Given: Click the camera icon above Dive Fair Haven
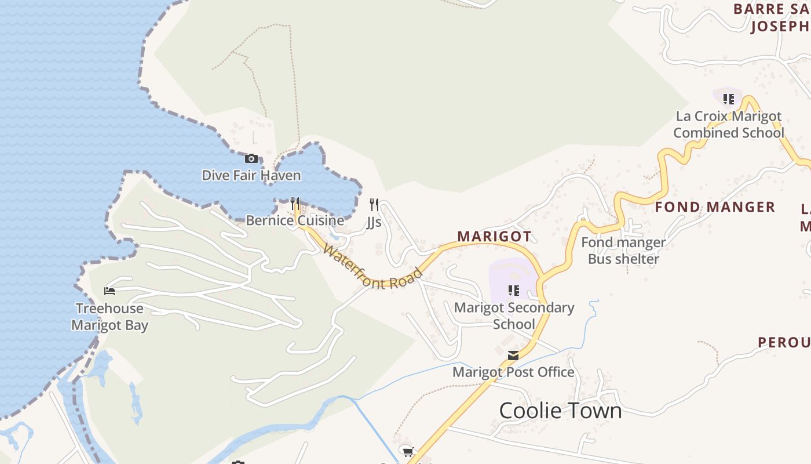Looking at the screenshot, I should pos(251,158).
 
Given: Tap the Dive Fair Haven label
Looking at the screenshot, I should pos(251,175).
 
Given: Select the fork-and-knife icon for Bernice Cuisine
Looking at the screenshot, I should pos(295,204).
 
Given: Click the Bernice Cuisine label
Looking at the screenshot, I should pos(295,220).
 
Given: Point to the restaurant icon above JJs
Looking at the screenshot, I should pos(374,204).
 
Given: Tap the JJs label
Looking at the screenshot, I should pos(374,222).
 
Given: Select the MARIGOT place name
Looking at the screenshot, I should pos(494,237).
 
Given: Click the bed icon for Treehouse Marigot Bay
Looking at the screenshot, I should pos(109,291).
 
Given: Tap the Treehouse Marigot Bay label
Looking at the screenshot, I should pos(109,317).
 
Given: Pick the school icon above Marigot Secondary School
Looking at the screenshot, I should pos(514,290).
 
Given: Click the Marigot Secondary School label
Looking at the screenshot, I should pos(514,316).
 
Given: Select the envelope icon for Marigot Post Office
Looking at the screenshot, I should pos(513,355).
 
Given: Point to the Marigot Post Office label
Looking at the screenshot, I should pos(513,372).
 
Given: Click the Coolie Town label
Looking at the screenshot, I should pos(560,411).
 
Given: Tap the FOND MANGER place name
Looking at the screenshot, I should pos(715,207).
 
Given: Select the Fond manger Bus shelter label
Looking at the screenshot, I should pos(623,251).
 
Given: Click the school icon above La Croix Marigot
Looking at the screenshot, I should pos(729,99).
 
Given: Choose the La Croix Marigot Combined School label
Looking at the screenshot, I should pos(729,124).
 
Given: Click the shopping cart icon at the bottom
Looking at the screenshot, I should pos(407,451).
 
